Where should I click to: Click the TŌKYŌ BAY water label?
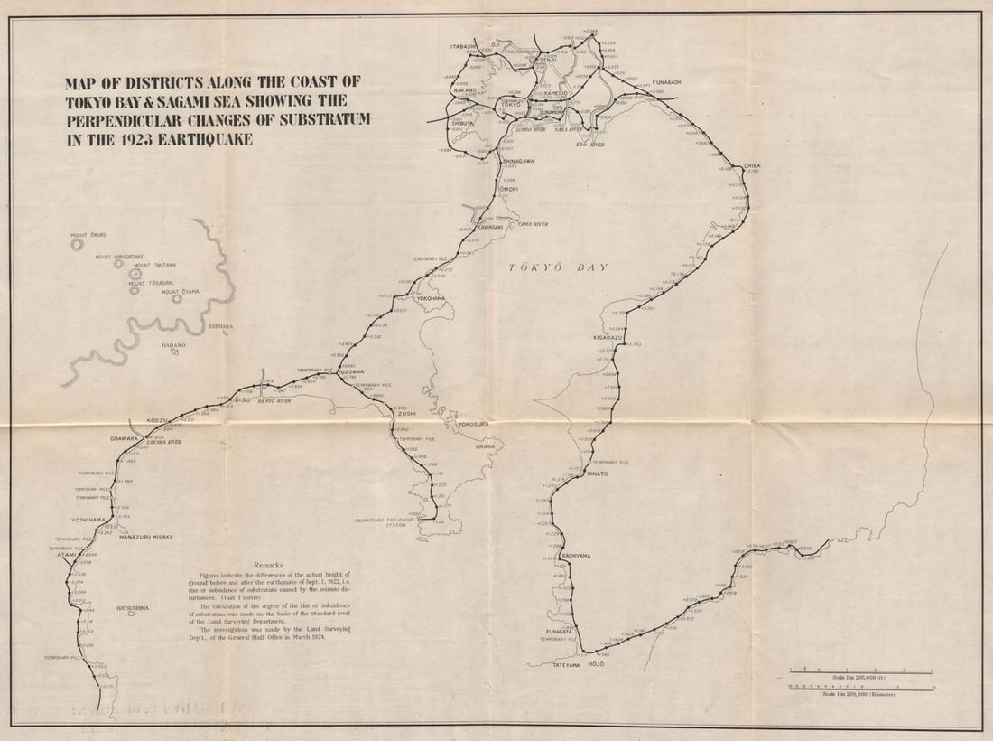click(558, 267)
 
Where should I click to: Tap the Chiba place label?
click(754, 166)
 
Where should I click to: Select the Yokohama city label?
click(431, 297)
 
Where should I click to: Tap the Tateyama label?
click(566, 665)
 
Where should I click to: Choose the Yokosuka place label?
click(474, 423)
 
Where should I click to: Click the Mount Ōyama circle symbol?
click(177, 298)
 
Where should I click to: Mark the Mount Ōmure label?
click(88, 235)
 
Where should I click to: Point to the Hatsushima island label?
click(132, 608)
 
